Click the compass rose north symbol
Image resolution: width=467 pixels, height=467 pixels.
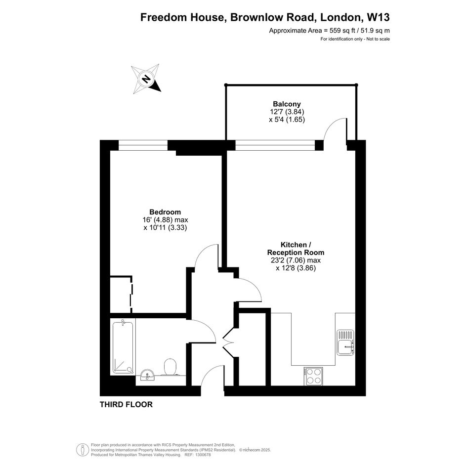point(146,79)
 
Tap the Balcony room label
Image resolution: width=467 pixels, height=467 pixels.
point(287,104)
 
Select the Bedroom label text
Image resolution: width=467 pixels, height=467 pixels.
point(165,212)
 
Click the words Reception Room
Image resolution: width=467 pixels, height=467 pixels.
point(296,252)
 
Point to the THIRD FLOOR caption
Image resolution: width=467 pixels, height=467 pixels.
point(126,404)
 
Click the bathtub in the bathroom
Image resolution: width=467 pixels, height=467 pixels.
point(123,347)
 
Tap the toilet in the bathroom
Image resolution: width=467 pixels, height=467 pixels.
point(170,367)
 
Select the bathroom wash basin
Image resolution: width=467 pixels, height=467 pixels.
point(148,375)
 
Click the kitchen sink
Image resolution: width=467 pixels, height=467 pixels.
point(345,342)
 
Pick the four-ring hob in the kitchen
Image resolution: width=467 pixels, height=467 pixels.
point(313,376)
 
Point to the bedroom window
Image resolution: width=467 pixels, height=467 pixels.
point(143,145)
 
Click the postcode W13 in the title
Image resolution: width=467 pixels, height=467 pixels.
point(378,17)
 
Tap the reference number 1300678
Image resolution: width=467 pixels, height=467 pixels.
point(202,455)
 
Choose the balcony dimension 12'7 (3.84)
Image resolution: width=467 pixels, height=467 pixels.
point(287,112)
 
